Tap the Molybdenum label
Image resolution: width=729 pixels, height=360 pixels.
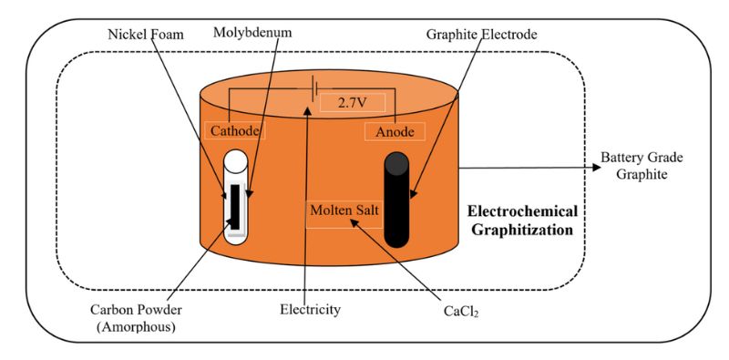(x=251, y=35)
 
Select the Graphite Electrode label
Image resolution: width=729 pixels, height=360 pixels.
(x=481, y=35)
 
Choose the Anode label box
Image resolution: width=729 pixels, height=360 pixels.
(x=395, y=132)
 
